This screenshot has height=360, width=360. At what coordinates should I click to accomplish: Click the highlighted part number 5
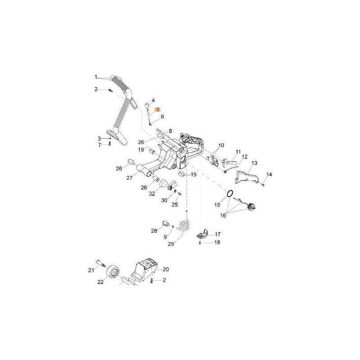[x=158, y=109]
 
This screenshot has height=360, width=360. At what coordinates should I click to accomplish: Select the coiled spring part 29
[x=184, y=225]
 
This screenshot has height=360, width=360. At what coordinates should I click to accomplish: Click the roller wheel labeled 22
[x=112, y=272]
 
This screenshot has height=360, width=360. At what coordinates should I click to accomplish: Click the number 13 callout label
[x=254, y=163]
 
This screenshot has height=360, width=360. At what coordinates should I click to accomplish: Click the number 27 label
[x=130, y=177]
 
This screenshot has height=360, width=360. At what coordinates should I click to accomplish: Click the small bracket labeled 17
[x=202, y=234]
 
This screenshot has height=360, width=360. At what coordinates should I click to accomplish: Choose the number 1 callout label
[x=96, y=77]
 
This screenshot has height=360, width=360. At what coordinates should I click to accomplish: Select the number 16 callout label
[x=223, y=216]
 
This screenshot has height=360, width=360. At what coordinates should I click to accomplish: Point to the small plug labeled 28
[x=165, y=223]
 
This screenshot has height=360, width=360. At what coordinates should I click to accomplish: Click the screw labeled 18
[x=200, y=243]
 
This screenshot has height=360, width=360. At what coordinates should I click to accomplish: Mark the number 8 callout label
[x=170, y=131]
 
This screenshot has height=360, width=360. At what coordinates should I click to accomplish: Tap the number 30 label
[x=164, y=200]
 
